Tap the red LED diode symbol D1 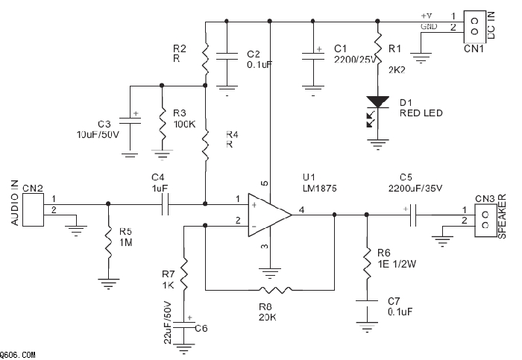pyautogui.click(x=378, y=102)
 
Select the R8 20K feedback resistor pyautogui.click(x=271, y=288)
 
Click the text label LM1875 pyautogui.click(x=319, y=189)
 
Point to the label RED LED pyautogui.click(x=422, y=113)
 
